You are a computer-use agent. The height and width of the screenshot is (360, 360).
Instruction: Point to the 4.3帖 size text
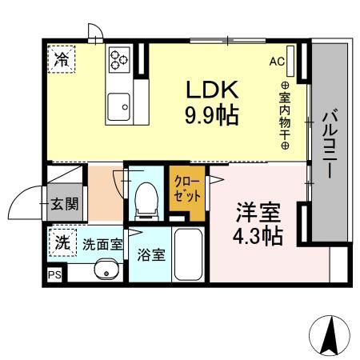257,238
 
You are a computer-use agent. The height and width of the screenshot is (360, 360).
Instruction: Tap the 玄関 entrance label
65,204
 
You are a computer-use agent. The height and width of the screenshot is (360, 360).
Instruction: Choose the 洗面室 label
102,244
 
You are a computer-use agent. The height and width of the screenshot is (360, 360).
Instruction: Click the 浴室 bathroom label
150,255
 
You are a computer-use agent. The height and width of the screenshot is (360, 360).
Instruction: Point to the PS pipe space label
54,275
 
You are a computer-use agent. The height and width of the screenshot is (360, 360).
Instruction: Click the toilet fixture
146,200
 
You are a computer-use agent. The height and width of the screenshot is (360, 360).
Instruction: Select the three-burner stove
119,58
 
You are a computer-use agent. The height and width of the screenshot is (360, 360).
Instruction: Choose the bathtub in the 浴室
190,256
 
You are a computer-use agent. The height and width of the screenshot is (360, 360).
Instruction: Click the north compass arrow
329,337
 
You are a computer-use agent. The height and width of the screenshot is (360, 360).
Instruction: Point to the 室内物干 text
285,116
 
